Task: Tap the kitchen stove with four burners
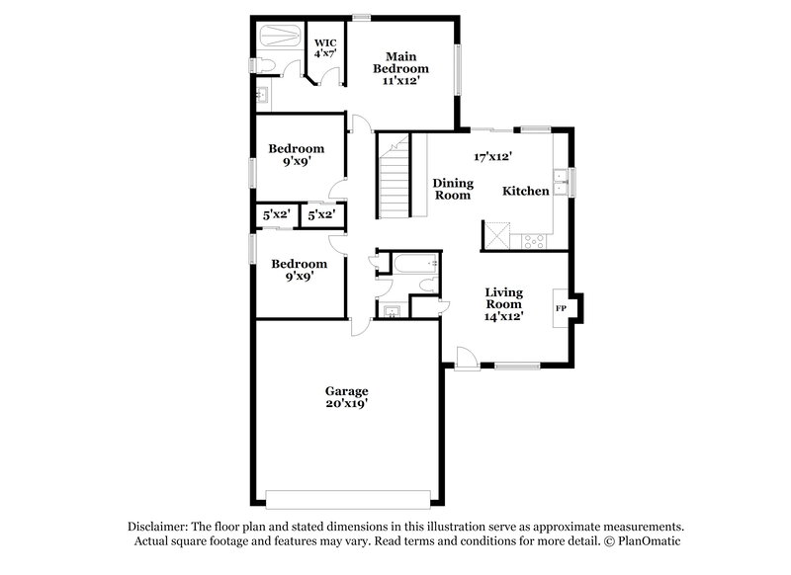(535, 238)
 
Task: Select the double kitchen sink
(560, 183)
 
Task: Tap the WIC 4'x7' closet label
(325, 49)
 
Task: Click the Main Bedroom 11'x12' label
(400, 68)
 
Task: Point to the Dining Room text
(453, 189)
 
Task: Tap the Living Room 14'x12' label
(503, 303)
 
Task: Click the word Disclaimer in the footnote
(159, 527)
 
